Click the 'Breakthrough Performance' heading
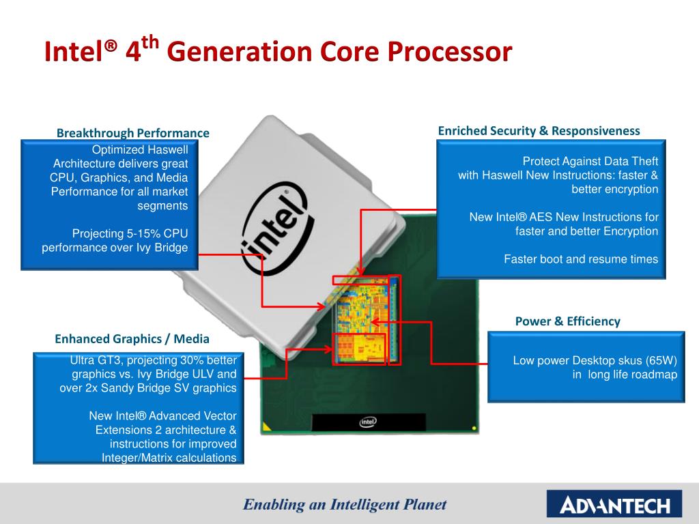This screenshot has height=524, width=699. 132,132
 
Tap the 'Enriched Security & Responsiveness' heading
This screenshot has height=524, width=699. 539,130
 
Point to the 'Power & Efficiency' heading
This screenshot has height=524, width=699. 567,321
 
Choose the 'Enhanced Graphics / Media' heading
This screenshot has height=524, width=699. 132,338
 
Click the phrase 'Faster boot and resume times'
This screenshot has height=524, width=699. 581,259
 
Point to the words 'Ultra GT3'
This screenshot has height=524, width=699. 94,360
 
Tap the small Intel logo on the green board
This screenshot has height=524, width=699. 367,422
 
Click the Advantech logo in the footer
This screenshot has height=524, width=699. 614,506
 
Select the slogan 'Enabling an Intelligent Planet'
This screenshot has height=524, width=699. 345,505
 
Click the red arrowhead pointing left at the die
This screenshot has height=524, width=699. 376,320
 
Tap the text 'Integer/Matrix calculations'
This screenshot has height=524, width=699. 169,458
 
